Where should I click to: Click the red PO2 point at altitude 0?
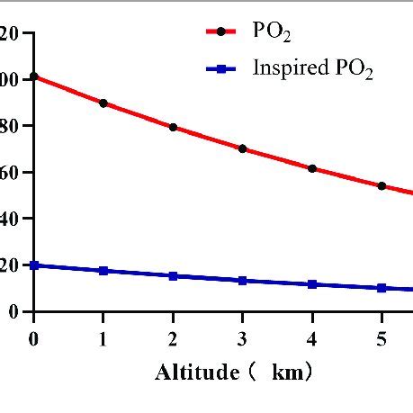(34, 76)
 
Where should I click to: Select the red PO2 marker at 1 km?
(103, 103)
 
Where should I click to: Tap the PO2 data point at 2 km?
(173, 127)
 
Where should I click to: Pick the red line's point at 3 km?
(242, 148)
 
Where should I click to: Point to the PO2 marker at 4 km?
(312, 168)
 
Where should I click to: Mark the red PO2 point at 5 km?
(382, 186)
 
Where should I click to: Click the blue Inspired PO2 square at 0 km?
(34, 265)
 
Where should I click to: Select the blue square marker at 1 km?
(103, 271)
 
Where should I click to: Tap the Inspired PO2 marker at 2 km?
(173, 276)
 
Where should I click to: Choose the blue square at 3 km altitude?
(242, 281)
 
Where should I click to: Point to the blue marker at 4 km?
(312, 284)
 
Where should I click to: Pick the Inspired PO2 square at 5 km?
(382, 288)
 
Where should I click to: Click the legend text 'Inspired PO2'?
(312, 68)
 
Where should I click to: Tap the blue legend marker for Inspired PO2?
(221, 68)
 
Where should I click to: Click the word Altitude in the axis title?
(193, 372)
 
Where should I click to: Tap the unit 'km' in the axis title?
(287, 372)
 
